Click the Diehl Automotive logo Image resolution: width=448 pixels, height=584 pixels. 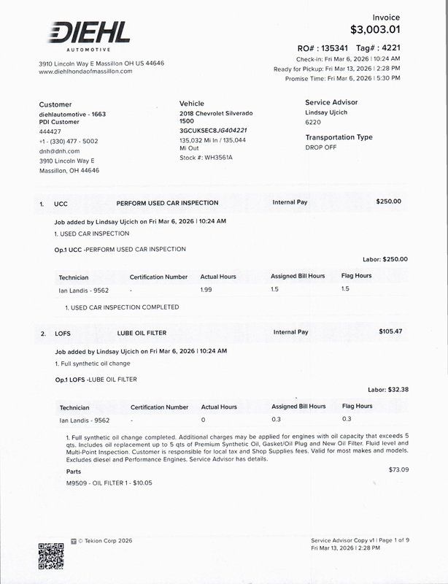click(88, 34)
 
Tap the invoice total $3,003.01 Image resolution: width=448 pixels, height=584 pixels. click(375, 30)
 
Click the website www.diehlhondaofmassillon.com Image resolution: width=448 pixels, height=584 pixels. click(85, 72)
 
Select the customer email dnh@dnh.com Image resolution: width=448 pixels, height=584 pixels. click(59, 151)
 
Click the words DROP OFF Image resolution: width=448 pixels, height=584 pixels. click(321, 147)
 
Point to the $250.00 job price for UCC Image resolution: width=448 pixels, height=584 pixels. click(388, 201)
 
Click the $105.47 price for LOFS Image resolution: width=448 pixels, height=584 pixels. click(390, 331)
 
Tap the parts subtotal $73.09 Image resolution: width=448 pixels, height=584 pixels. click(399, 469)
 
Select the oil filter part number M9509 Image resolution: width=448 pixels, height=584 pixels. click(76, 483)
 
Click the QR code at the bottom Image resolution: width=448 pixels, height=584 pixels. click(51, 556)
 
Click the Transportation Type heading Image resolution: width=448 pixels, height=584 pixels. click(339, 137)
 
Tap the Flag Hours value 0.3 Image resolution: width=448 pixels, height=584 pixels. click(346, 419)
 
